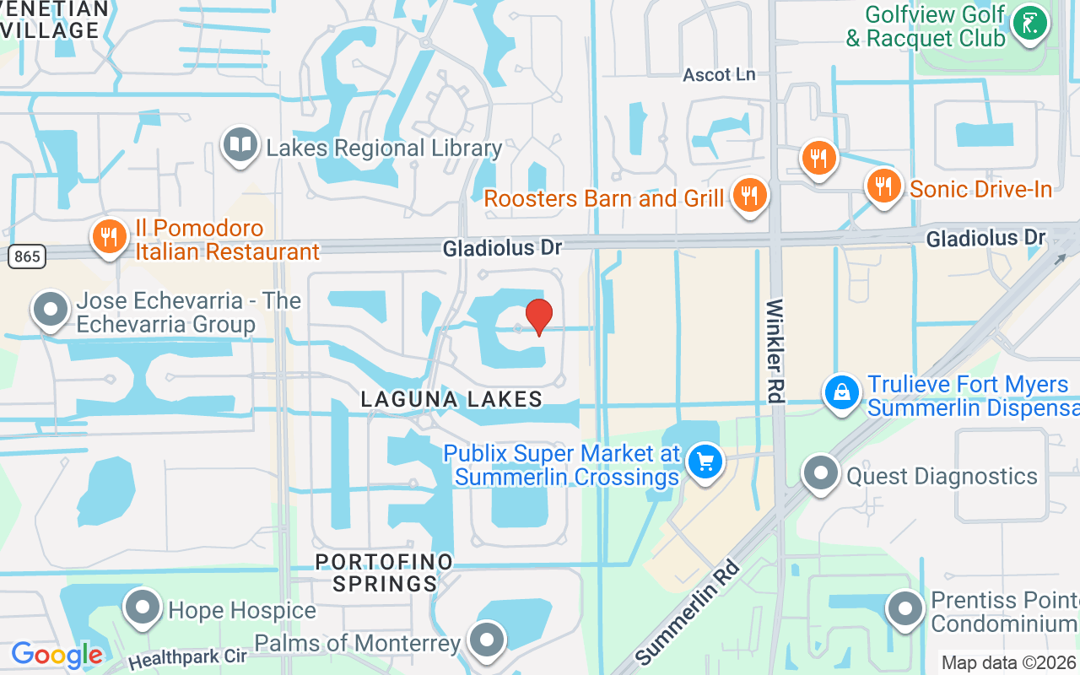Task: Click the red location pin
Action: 539,317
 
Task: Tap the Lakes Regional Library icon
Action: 240,145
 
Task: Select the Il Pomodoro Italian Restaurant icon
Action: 109,237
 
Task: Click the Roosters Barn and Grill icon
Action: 748,195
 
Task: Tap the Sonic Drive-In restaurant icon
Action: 883,186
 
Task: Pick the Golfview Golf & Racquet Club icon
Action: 1029,24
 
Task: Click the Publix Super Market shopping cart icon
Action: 705,462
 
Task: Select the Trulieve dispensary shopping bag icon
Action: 842,392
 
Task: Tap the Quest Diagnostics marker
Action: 820,474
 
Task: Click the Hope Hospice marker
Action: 142,607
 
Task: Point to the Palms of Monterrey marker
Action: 487,640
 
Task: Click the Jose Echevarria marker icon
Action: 51,310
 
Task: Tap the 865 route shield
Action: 27,256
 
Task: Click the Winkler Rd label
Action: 775,351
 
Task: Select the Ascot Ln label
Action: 719,74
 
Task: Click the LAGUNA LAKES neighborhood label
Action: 451,399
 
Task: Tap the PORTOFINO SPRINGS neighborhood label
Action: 384,572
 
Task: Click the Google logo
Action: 57,655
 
